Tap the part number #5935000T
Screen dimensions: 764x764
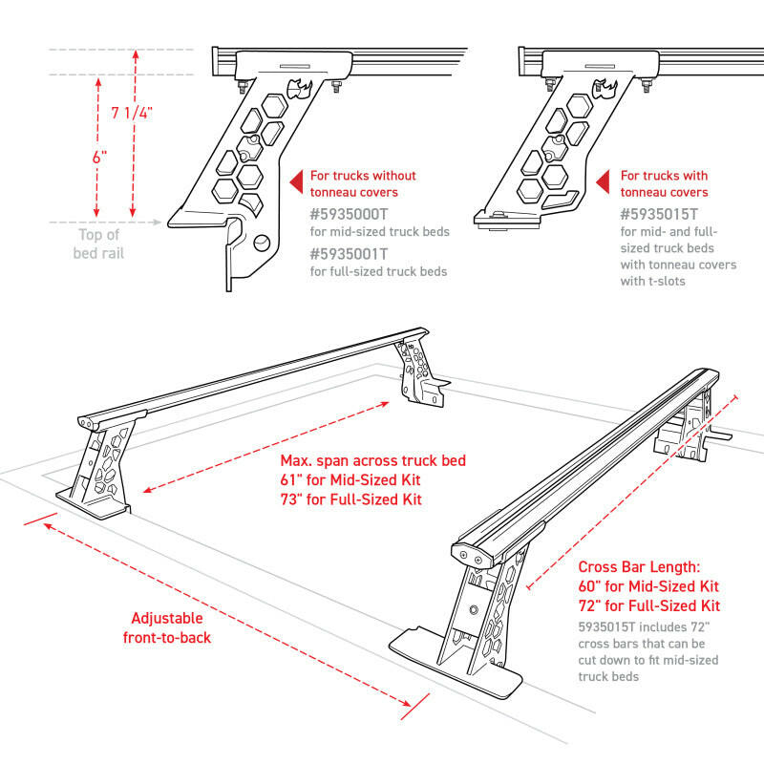coord(350,215)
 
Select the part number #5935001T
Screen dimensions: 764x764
coord(350,254)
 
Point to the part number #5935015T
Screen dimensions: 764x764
coord(660,215)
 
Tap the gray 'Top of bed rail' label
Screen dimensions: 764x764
coord(99,244)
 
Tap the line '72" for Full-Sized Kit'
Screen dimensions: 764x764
coord(649,605)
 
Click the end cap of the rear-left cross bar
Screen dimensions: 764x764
coord(88,421)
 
